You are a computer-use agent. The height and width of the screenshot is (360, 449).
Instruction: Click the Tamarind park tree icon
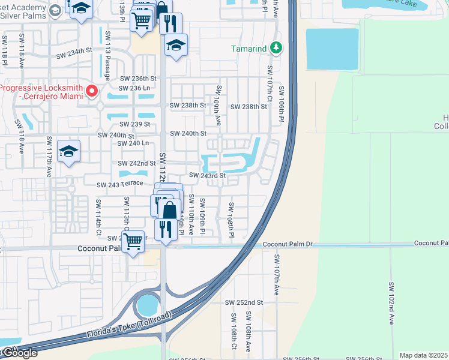tap(276, 47)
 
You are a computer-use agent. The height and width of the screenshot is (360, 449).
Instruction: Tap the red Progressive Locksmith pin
tap(92, 91)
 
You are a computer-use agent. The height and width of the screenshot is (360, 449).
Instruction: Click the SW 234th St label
tap(75, 55)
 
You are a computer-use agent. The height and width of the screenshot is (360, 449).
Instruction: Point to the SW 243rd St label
tap(207, 175)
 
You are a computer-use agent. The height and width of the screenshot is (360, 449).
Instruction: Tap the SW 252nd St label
tap(244, 302)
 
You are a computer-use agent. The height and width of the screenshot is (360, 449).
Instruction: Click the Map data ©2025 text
tap(424, 355)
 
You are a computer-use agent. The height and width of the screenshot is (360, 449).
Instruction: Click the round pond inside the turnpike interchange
tap(146, 307)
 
